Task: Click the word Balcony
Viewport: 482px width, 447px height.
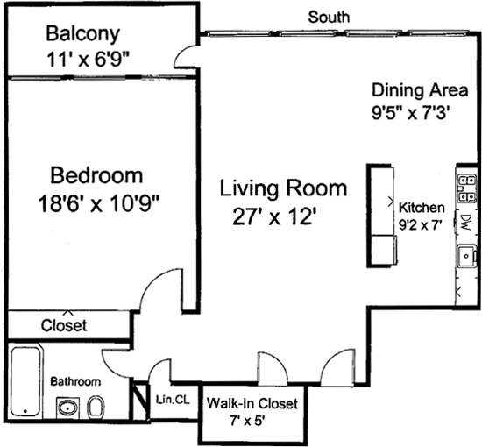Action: click(82, 35)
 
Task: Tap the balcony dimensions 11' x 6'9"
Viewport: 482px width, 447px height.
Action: click(88, 60)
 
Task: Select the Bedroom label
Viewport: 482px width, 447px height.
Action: click(96, 175)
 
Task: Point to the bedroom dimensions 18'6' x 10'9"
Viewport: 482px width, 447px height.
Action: click(99, 204)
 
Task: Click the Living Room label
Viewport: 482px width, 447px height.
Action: click(283, 188)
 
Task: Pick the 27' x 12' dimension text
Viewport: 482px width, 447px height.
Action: click(274, 216)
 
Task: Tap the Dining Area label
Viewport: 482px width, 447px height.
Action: click(420, 90)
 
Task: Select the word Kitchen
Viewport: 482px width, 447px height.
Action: click(422, 208)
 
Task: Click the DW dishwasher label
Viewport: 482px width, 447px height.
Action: click(466, 222)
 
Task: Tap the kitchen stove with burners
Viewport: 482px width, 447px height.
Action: click(466, 188)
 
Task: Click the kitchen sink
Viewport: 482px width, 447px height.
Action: click(466, 256)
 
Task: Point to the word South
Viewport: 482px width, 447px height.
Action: click(329, 17)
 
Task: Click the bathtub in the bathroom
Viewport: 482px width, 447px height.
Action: click(25, 381)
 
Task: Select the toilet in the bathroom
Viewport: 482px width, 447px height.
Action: click(96, 407)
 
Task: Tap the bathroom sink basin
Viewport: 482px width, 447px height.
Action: click(68, 408)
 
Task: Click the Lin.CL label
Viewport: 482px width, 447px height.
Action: click(173, 400)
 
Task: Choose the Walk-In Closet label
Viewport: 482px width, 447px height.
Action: click(252, 403)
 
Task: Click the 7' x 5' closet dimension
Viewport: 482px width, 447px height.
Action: click(247, 421)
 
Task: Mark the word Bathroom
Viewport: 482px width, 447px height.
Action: click(75, 381)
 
